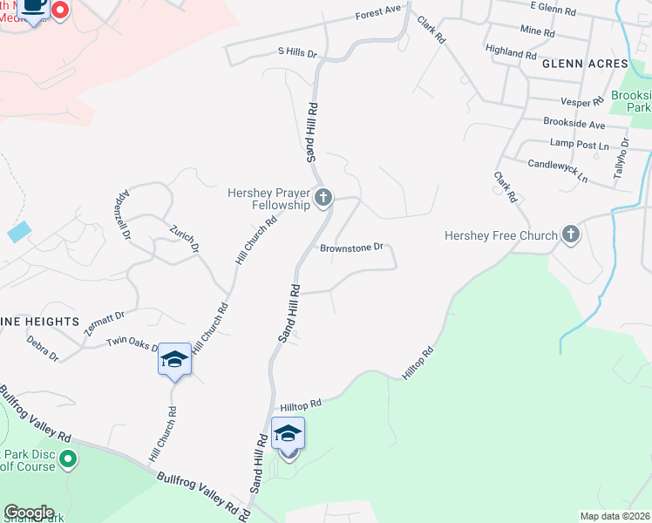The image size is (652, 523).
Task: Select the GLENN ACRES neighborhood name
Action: click(x=584, y=65)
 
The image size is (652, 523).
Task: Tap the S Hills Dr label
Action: click(x=297, y=53)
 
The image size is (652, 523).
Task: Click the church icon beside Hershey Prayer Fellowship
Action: click(x=323, y=198)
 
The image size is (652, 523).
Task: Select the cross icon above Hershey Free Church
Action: click(x=571, y=234)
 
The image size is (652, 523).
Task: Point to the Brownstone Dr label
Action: click(x=352, y=248)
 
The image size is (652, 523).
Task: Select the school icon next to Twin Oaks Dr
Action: click(x=174, y=359)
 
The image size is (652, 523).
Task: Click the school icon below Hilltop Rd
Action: click(x=288, y=432)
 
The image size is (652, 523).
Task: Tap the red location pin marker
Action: click(x=60, y=10)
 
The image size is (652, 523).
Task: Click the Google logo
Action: click(x=29, y=512)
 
